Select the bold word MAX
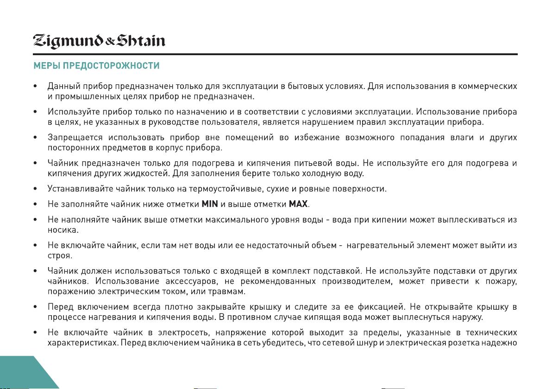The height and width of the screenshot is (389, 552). pos(298,204)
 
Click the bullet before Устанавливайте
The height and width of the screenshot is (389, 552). pos(36,189)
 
